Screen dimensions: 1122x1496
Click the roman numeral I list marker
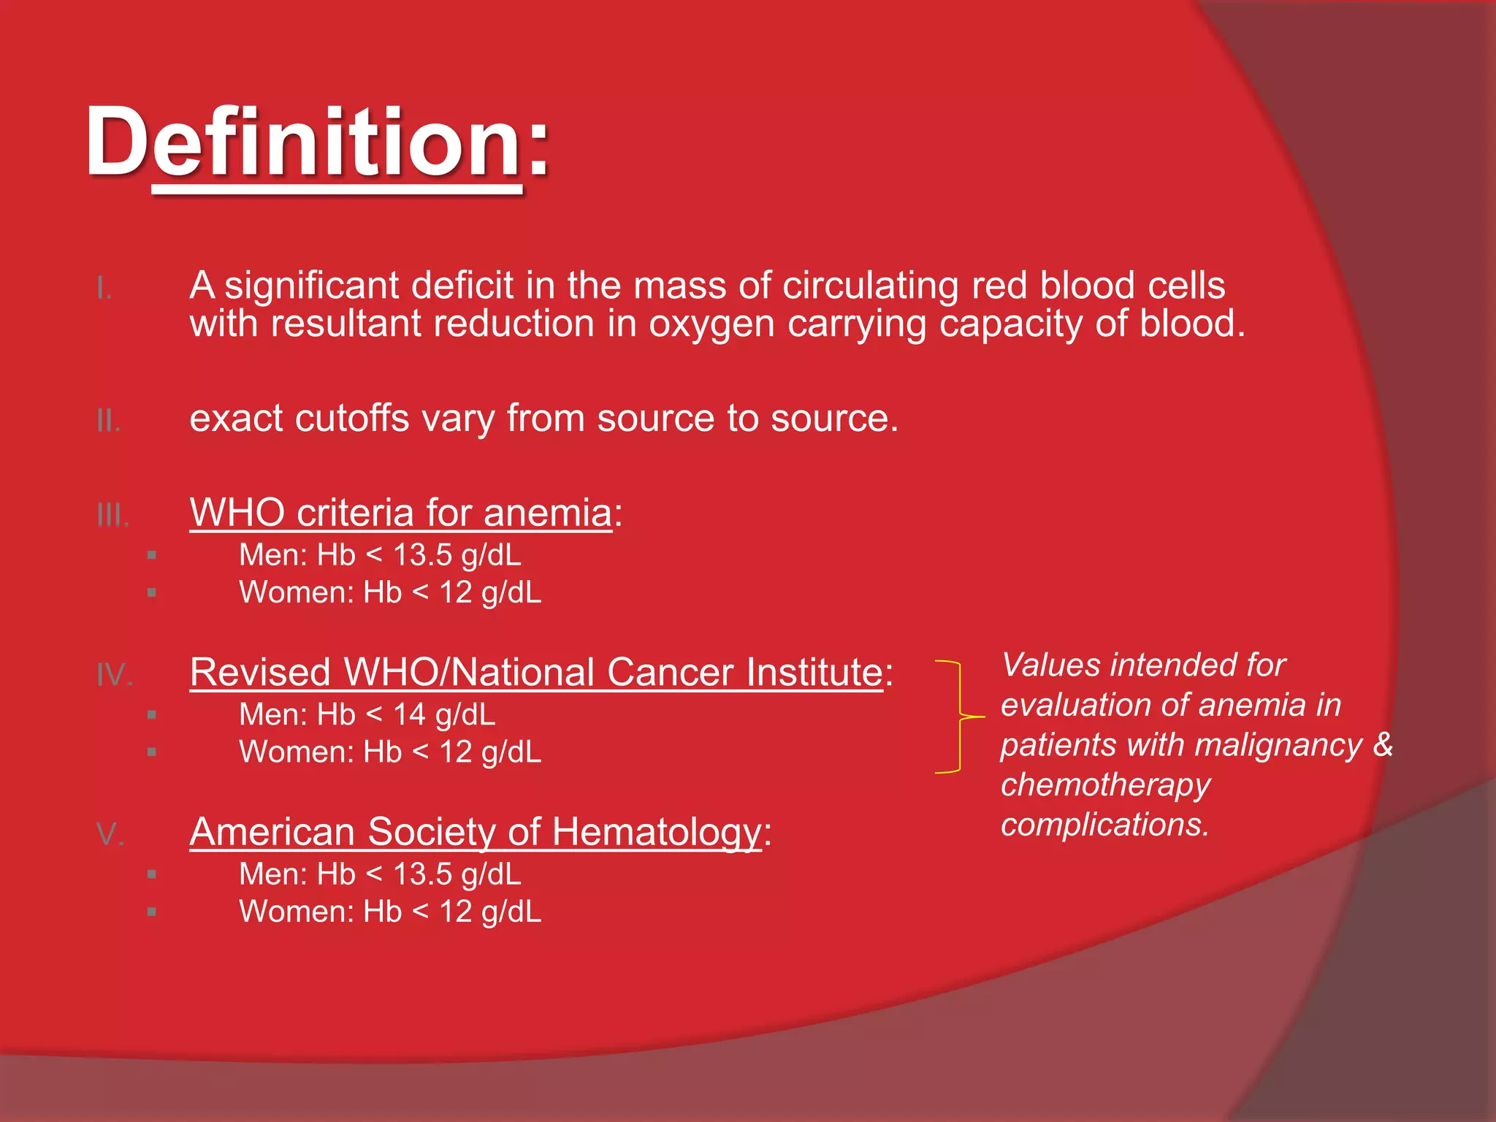click(x=104, y=289)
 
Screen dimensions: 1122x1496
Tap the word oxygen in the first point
click(x=711, y=324)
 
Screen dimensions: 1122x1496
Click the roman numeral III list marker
click(x=112, y=516)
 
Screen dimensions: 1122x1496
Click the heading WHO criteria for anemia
click(x=400, y=513)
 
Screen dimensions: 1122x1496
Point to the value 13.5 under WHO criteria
click(x=422, y=555)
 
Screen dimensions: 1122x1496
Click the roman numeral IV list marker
click(x=114, y=675)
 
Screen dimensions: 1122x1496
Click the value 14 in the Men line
click(x=408, y=714)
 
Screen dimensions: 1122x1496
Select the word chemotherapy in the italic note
click(x=1105, y=785)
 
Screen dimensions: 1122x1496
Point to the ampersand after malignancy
click(x=1383, y=745)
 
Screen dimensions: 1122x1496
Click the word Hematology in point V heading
click(x=656, y=832)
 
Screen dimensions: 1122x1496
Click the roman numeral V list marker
click(x=110, y=834)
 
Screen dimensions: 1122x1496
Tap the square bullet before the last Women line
click(x=152, y=912)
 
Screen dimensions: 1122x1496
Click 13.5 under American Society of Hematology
click(x=422, y=874)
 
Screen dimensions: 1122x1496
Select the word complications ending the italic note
click(x=1104, y=825)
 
